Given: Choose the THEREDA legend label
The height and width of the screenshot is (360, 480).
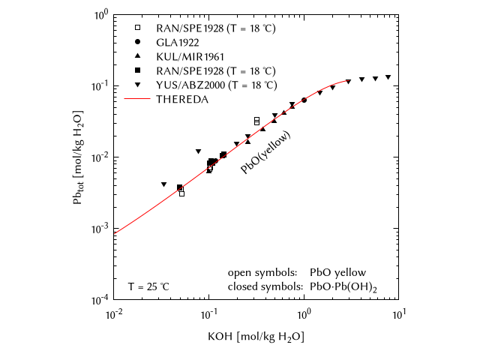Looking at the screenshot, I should pyautogui.click(x=177, y=98).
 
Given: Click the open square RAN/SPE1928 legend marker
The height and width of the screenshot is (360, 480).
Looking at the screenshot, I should pyautogui.click(x=137, y=28).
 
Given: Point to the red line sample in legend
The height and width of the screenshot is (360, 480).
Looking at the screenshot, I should pyautogui.click(x=137, y=98).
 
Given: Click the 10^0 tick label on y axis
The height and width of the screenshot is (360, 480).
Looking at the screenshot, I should pyautogui.click(x=100, y=14).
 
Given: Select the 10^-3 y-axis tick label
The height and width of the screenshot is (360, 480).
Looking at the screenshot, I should pyautogui.click(x=98, y=229).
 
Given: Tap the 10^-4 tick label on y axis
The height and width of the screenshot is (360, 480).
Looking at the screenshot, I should pyautogui.click(x=98, y=300).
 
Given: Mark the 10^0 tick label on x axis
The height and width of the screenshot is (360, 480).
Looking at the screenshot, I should pyautogui.click(x=304, y=313).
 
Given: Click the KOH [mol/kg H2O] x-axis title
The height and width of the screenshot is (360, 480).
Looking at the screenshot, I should pyautogui.click(x=256, y=337).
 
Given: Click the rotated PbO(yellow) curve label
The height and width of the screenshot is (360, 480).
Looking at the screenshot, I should pyautogui.click(x=265, y=153).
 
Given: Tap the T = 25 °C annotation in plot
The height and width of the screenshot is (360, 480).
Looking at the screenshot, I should pyautogui.click(x=148, y=286).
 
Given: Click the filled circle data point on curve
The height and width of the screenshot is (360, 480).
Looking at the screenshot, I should pyautogui.click(x=304, y=100).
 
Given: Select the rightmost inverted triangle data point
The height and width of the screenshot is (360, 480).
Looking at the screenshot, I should pyautogui.click(x=388, y=77).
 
